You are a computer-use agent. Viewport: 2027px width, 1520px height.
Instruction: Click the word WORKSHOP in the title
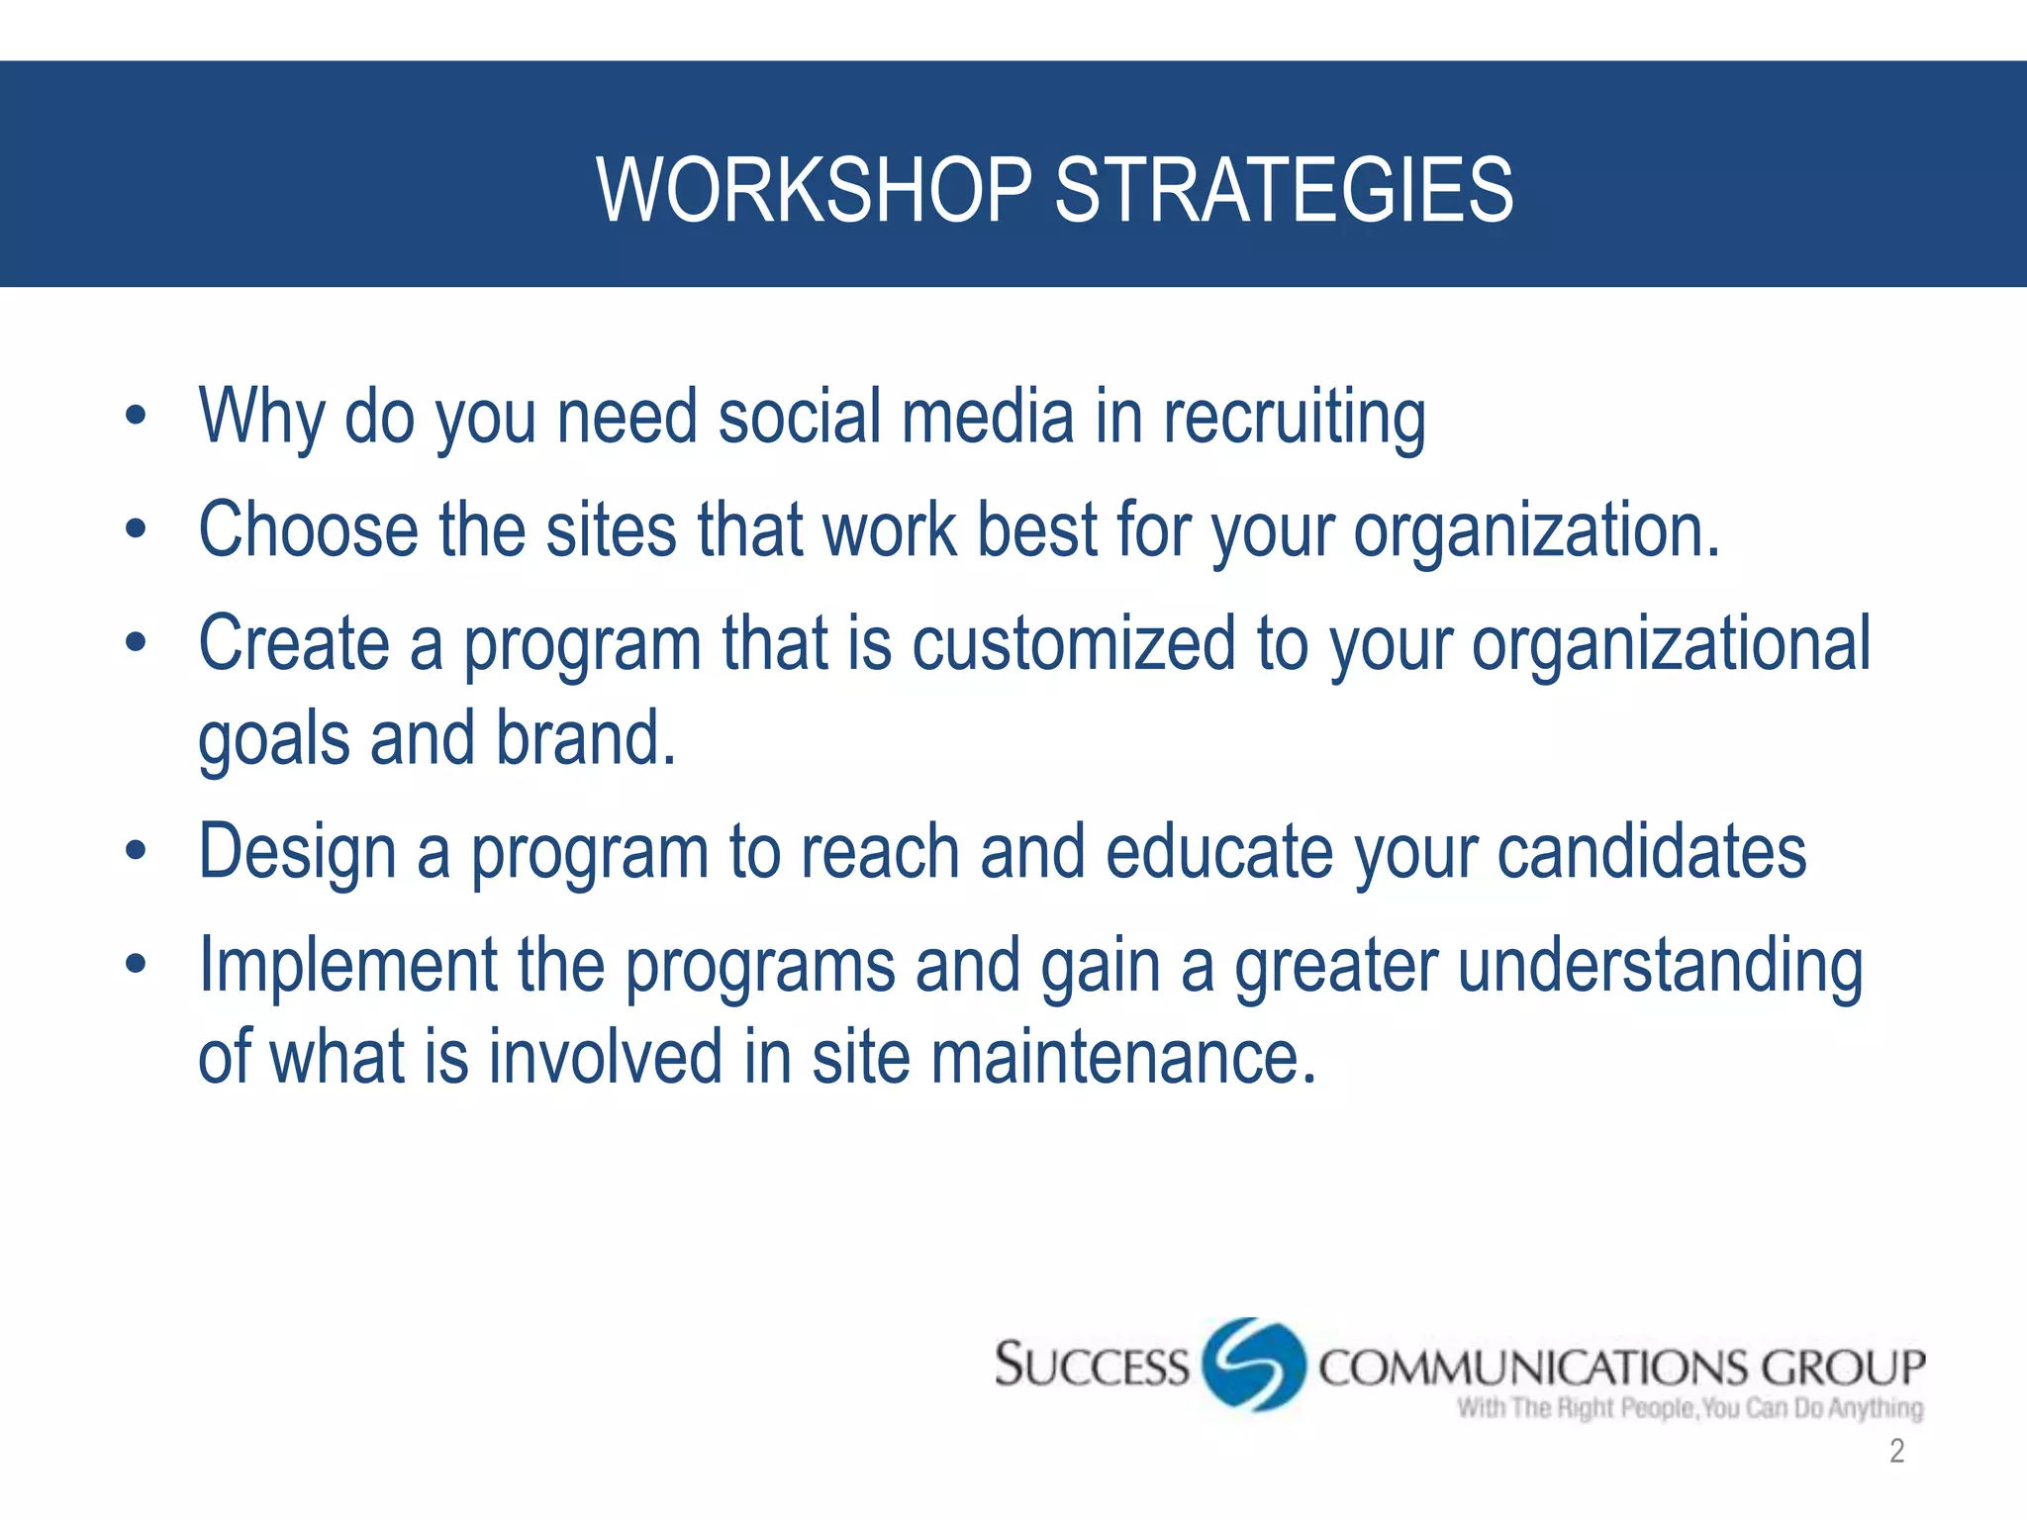(x=814, y=190)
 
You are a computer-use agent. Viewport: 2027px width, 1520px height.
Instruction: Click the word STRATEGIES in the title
(x=1284, y=190)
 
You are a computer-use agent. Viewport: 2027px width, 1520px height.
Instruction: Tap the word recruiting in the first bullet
(x=1294, y=419)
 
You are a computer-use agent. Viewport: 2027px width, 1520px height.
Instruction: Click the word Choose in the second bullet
(x=308, y=531)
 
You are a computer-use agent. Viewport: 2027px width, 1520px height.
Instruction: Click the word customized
(x=1073, y=644)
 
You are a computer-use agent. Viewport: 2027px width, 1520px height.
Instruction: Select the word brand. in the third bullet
(x=585, y=739)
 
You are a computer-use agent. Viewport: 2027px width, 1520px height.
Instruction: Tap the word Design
(x=297, y=854)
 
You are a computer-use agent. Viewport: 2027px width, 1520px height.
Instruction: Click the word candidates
(x=1651, y=852)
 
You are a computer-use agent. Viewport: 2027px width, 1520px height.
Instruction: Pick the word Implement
(x=347, y=967)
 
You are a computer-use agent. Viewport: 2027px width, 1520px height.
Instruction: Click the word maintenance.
(x=1123, y=1058)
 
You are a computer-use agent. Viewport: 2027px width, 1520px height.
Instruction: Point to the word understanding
(x=1660, y=967)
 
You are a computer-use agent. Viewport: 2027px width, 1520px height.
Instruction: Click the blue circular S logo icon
(x=1253, y=1365)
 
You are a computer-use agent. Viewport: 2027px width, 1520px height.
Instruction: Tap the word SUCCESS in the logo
(x=1091, y=1366)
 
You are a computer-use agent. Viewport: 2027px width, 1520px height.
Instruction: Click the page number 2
(x=1896, y=1451)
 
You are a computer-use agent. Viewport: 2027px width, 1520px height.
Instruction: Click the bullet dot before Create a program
(x=136, y=642)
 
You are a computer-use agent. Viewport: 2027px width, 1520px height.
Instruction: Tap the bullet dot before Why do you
(x=136, y=416)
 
